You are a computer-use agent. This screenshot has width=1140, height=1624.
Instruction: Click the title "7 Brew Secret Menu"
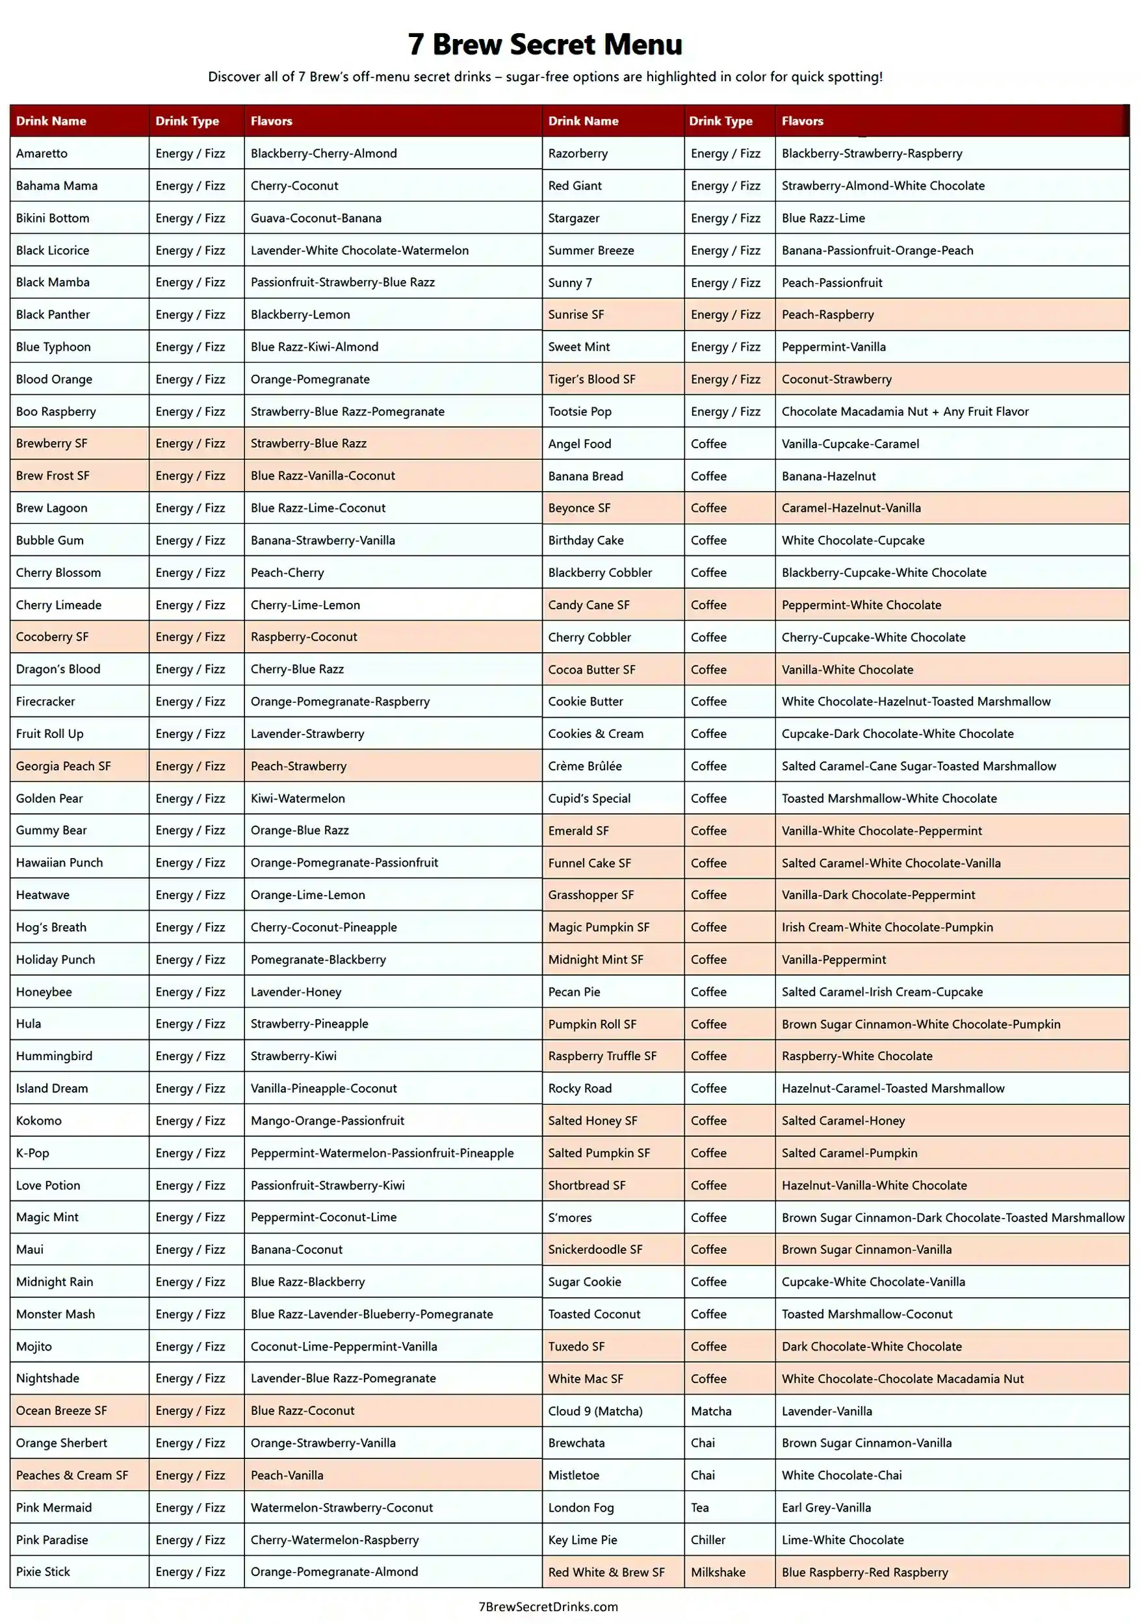pyautogui.click(x=545, y=44)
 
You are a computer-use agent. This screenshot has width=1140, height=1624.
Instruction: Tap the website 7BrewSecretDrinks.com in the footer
pyautogui.click(x=548, y=1606)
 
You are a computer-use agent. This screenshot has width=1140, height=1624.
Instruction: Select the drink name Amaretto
pyautogui.click(x=42, y=153)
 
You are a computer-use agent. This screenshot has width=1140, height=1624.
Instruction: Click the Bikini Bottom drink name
pyautogui.click(x=53, y=218)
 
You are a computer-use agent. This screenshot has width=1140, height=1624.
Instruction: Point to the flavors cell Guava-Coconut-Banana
pyautogui.click(x=316, y=218)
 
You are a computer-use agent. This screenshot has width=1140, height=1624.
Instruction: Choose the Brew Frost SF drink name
pyautogui.click(x=53, y=476)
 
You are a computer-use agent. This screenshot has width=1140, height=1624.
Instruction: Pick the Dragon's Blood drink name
pyautogui.click(x=58, y=669)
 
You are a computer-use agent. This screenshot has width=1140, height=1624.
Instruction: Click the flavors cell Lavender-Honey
pyautogui.click(x=296, y=992)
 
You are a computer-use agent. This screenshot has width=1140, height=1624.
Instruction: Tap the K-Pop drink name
pyautogui.click(x=32, y=1153)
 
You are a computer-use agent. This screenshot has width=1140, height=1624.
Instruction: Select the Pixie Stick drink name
pyautogui.click(x=43, y=1571)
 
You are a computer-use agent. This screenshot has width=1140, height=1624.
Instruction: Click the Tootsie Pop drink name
pyautogui.click(x=580, y=412)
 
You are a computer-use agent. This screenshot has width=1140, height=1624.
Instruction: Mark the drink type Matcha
pyautogui.click(x=711, y=1411)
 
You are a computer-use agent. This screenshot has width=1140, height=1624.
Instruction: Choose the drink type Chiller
pyautogui.click(x=708, y=1540)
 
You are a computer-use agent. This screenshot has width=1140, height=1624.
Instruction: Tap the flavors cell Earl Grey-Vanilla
pyautogui.click(x=826, y=1507)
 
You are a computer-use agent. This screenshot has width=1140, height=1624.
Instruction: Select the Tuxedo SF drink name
pyautogui.click(x=576, y=1347)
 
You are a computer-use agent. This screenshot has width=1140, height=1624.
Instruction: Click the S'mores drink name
pyautogui.click(x=569, y=1217)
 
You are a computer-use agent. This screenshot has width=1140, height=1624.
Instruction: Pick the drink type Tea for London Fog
pyautogui.click(x=700, y=1507)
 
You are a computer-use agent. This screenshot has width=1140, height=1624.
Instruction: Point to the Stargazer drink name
pyautogui.click(x=573, y=218)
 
